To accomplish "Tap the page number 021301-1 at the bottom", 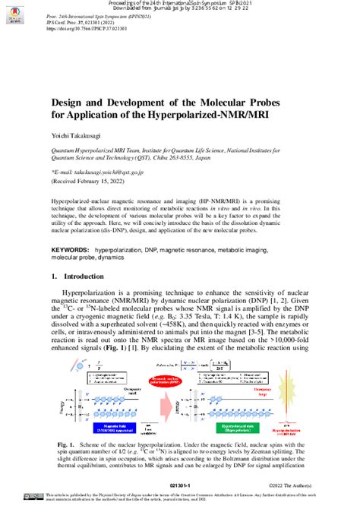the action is click(180, 482).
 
